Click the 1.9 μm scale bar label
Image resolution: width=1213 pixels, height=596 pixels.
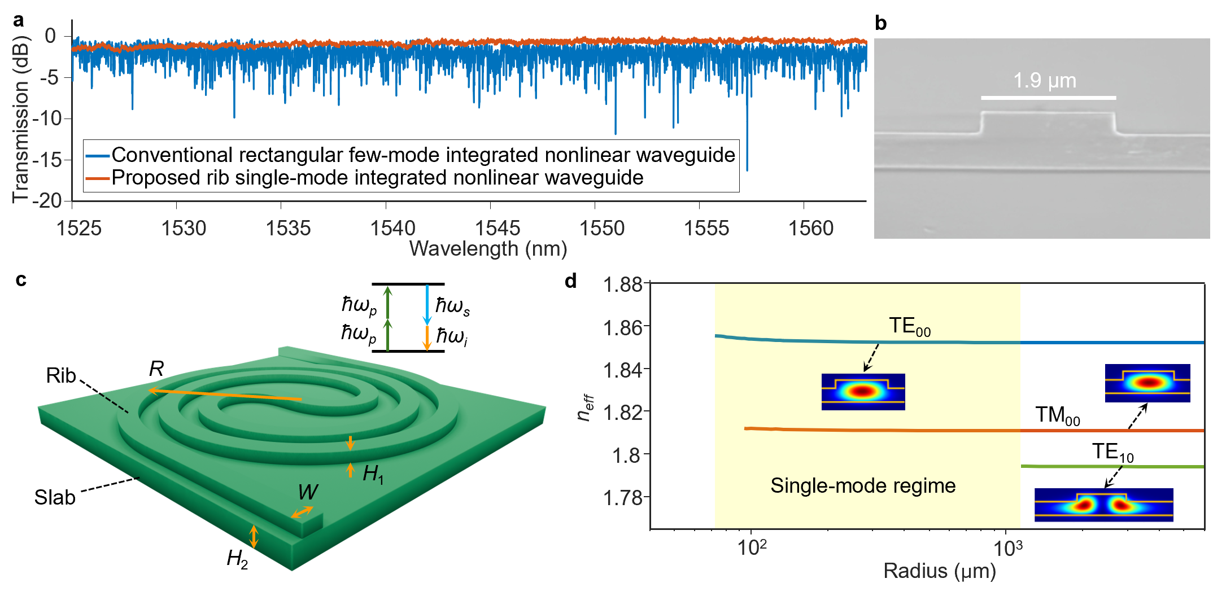click(1045, 81)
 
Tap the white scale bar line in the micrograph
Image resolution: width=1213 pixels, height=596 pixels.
click(1048, 98)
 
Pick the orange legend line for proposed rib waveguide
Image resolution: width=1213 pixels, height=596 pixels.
click(97, 178)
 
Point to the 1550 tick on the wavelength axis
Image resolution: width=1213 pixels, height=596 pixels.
click(602, 228)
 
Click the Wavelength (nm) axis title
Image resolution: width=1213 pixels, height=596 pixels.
click(488, 249)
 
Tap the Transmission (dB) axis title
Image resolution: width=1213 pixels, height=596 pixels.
click(20, 119)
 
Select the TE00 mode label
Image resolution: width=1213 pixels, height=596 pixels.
click(909, 327)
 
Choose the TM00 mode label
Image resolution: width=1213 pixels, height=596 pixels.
click(1057, 416)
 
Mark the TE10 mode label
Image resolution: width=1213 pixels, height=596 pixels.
click(1112, 453)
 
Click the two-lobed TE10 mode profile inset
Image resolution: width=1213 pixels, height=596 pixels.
click(1103, 505)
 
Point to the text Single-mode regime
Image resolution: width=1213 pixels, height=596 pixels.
click(863, 486)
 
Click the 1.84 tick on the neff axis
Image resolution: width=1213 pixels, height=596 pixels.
click(622, 370)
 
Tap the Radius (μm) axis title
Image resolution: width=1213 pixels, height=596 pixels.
click(940, 571)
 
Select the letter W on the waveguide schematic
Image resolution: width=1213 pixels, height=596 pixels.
click(308, 493)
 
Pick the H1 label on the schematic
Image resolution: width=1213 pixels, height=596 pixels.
click(373, 474)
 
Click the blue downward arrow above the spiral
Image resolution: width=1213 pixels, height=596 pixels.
click(427, 305)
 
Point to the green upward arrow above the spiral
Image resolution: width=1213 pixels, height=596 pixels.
click(387, 316)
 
